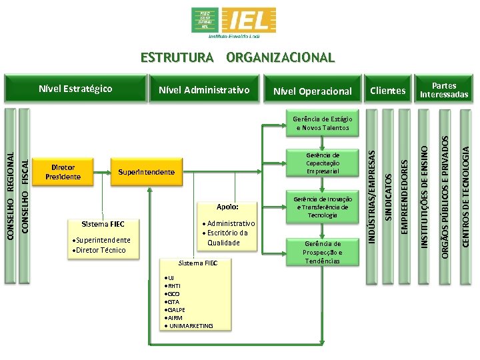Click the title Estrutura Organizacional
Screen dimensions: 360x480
pyautogui.click(x=237, y=57)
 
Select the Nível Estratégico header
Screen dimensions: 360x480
pyautogui.click(x=75, y=88)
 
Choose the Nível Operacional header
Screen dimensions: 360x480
pyautogui.click(x=312, y=91)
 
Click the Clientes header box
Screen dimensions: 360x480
pyautogui.click(x=387, y=90)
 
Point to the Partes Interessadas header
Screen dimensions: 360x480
pyautogui.click(x=444, y=90)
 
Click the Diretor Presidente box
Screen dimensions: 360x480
pyautogui.click(x=63, y=172)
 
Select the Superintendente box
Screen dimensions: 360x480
pyautogui.click(x=146, y=172)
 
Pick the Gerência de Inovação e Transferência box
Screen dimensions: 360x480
pyautogui.click(x=323, y=207)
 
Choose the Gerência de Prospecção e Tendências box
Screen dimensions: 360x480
pyautogui.click(x=323, y=252)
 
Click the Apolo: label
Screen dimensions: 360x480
pyautogui.click(x=227, y=207)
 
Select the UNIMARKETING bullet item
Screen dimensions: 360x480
pyautogui.click(x=191, y=325)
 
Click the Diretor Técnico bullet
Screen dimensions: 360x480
pyautogui.click(x=101, y=250)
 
